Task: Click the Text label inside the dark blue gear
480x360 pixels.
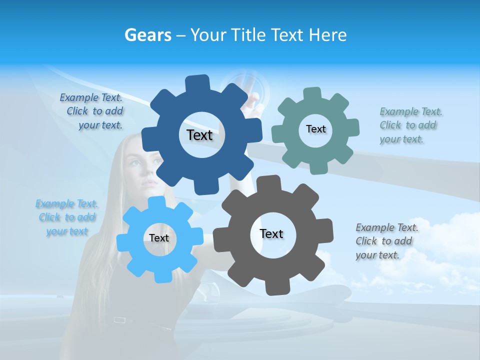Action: point(199,135)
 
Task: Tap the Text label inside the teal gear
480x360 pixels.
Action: point(315,129)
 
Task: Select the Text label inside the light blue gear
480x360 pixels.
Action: point(159,238)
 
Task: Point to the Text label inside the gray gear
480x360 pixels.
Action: point(271,233)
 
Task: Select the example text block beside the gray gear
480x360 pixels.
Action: point(386,241)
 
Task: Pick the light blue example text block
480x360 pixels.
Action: point(67,217)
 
